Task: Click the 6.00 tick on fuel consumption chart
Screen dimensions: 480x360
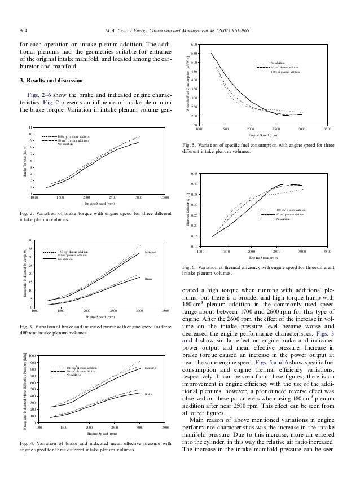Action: (194, 44)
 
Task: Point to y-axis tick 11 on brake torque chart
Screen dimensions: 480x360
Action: (30, 129)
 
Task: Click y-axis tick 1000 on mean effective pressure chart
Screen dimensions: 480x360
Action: (32, 356)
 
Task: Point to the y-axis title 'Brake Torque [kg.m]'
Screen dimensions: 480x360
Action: (24, 161)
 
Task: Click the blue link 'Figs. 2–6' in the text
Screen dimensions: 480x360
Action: (46, 94)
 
